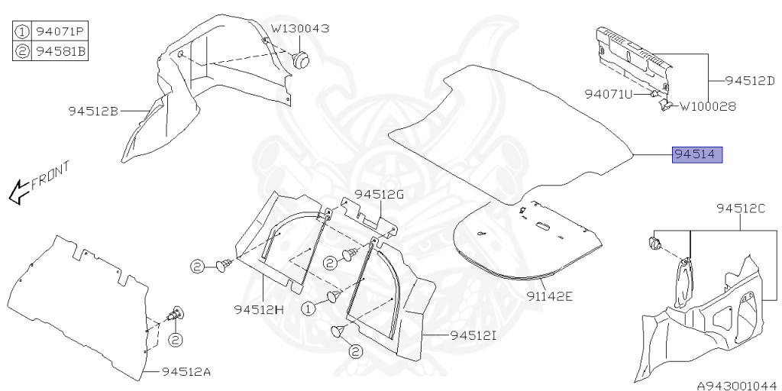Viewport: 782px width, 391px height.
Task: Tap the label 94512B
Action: point(92,111)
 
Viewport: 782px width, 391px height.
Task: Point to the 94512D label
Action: point(749,79)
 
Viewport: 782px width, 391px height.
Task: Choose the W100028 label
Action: point(708,107)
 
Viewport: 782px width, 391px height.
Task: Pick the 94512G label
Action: point(379,194)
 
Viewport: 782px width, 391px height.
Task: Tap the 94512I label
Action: point(474,334)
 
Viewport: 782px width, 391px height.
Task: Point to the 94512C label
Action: point(740,208)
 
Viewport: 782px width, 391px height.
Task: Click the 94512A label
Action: point(186,372)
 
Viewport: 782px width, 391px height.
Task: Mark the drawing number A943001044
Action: point(735,385)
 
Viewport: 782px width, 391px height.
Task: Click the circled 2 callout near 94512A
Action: point(175,339)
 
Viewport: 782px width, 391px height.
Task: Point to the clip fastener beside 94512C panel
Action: point(655,242)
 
